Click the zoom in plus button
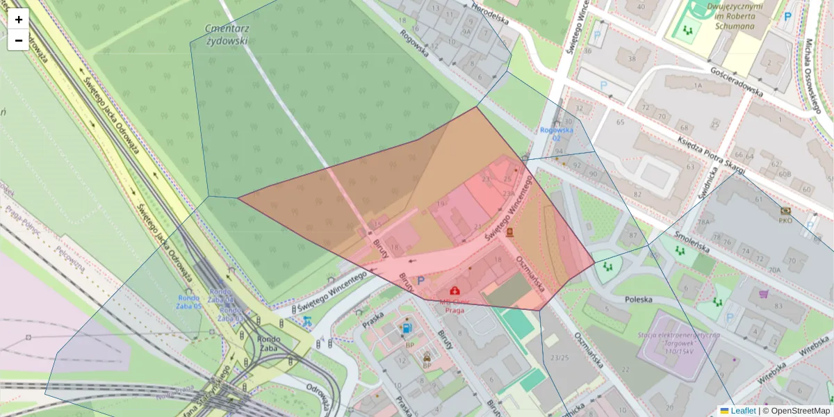click(19, 19)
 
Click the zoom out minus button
click(19, 40)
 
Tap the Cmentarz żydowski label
click(227, 34)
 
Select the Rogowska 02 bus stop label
click(557, 133)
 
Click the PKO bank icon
click(785, 211)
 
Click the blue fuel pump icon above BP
click(406, 327)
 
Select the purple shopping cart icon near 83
click(764, 294)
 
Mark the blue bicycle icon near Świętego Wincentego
click(306, 321)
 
